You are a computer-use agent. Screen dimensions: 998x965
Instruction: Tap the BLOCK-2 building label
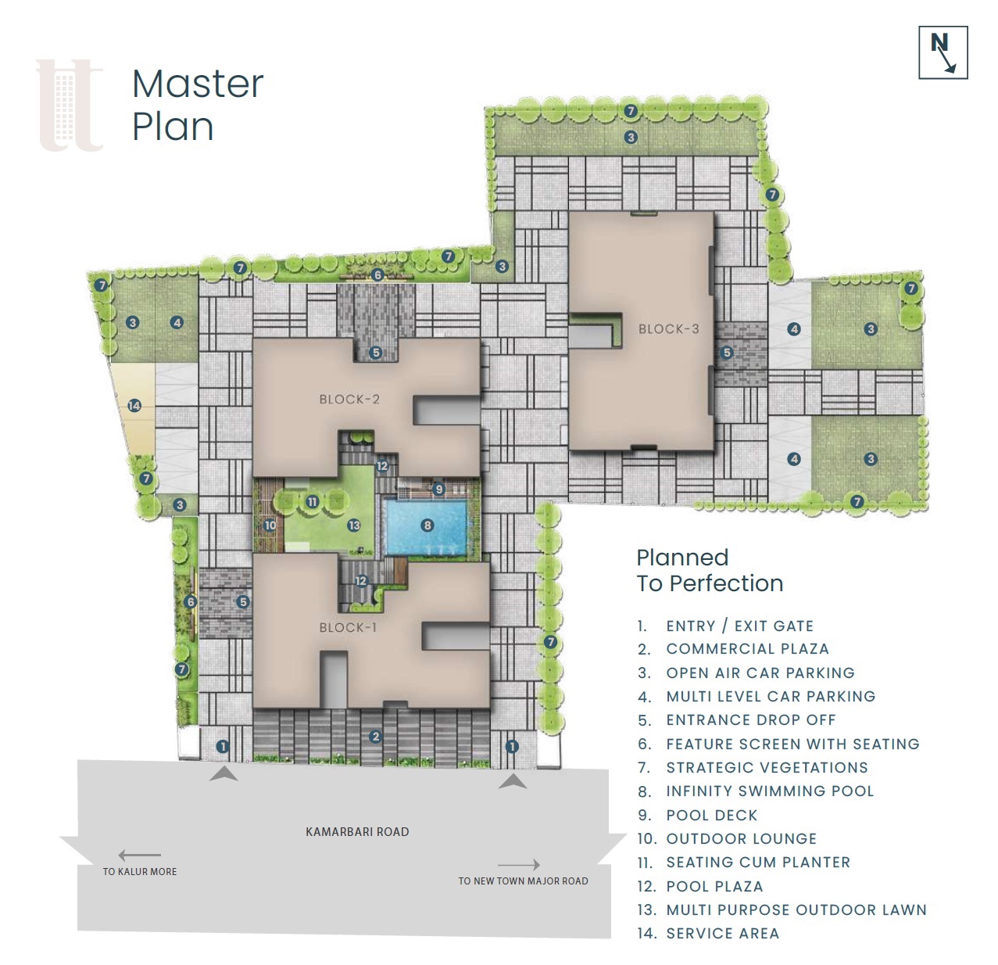point(349,400)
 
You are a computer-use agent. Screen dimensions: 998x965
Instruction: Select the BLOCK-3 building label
point(669,329)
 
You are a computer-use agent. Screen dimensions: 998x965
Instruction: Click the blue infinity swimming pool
point(426,527)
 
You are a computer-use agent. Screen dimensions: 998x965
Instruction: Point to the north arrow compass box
point(943,52)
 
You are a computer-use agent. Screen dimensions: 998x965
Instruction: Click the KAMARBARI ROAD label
point(357,832)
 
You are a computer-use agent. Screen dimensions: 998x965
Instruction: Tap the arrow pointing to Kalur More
point(139,856)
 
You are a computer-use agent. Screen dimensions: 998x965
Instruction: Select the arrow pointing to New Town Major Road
point(518,865)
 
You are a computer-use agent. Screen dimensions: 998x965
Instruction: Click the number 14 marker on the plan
point(134,406)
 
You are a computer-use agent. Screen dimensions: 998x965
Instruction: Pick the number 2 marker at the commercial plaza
point(375,737)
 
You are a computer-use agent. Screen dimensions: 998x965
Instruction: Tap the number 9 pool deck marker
point(438,490)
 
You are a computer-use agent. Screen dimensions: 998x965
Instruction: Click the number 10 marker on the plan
point(270,525)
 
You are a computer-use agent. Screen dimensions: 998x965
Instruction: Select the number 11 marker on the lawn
point(313,501)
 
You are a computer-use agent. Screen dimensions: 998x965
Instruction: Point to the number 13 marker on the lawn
point(354,525)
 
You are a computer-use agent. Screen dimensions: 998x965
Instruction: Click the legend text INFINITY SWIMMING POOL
point(770,791)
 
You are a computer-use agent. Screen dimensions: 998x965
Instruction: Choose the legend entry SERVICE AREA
point(723,934)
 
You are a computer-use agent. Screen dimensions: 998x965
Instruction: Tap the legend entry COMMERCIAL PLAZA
point(747,649)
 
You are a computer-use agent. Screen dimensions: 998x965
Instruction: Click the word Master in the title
point(198,84)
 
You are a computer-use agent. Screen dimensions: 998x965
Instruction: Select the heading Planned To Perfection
point(710,570)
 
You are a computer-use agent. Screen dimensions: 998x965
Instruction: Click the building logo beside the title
point(70,106)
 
